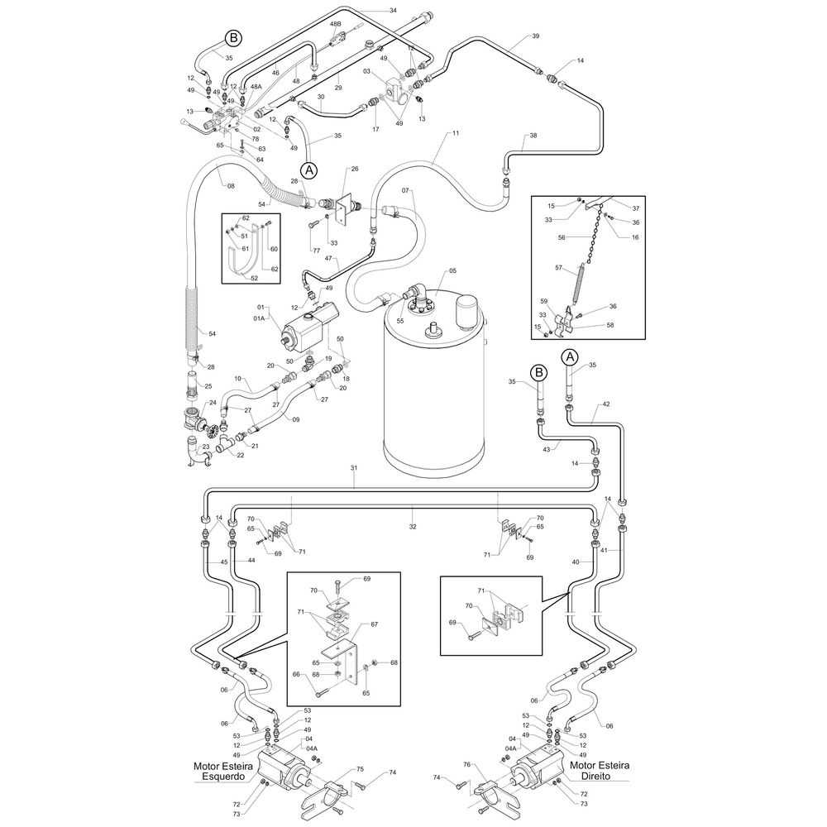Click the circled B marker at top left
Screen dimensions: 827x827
click(233, 38)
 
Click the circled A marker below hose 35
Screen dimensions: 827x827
click(309, 170)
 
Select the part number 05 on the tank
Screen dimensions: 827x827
click(452, 271)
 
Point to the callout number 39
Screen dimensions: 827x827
click(535, 36)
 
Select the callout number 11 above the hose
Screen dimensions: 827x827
click(455, 133)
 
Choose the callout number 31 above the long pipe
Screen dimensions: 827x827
click(354, 468)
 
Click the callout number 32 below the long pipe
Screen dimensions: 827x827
click(413, 526)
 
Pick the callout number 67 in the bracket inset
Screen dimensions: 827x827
click(374, 624)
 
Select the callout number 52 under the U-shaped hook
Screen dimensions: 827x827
click(254, 278)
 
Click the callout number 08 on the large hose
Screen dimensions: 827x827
click(231, 185)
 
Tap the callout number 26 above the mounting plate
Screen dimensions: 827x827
click(355, 169)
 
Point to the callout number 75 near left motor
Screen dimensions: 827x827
click(361, 769)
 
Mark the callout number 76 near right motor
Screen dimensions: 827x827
click(466, 764)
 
